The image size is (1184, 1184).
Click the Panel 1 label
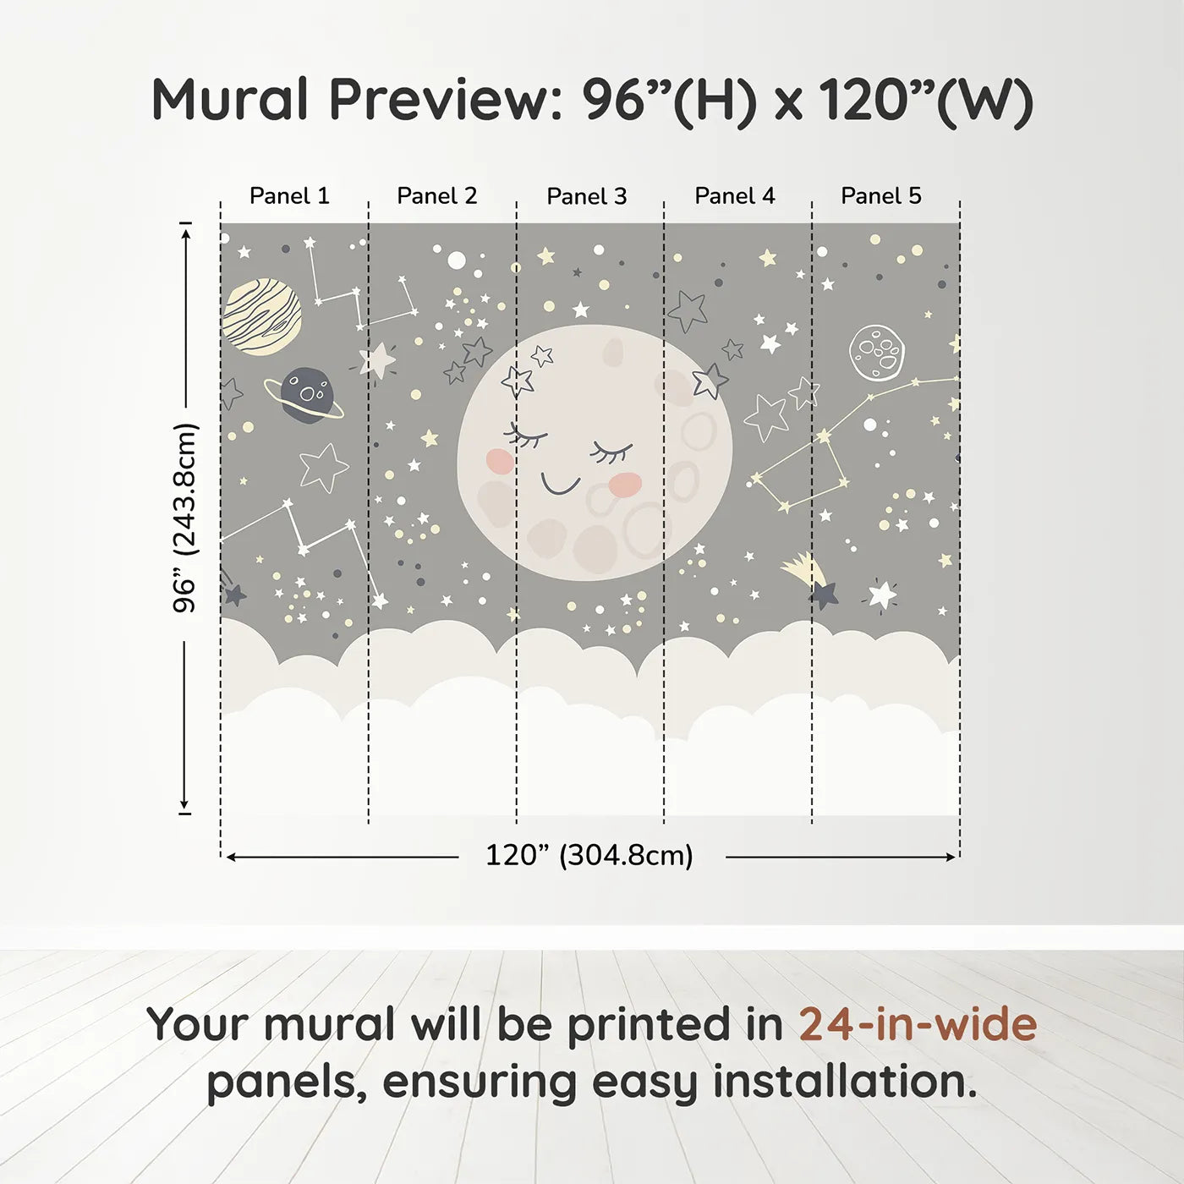[289, 196]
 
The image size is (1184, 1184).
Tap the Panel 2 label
[437, 196]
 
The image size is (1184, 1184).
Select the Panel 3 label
[587, 196]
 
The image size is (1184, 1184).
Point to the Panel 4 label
[735, 196]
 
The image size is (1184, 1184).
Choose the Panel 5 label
[881, 196]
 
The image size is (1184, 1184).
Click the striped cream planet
[262, 315]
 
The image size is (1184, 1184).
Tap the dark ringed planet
[305, 395]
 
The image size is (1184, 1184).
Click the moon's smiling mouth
[560, 485]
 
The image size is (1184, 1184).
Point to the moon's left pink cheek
[500, 459]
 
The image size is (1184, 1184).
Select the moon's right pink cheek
[626, 484]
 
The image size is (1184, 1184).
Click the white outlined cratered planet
[877, 353]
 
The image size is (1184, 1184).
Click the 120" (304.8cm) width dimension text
[589, 856]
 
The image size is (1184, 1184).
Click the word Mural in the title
[230, 100]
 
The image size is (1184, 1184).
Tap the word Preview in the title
[440, 100]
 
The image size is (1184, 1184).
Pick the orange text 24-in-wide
[918, 1024]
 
